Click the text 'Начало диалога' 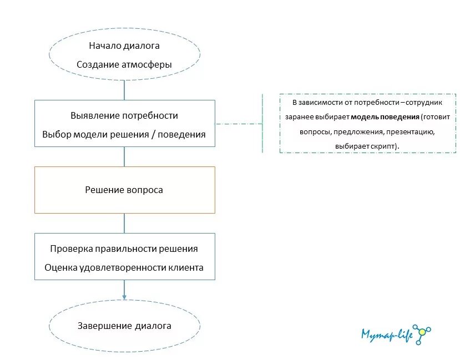tap(124, 45)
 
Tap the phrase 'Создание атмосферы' tap(124, 64)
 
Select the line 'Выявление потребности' tap(124, 116)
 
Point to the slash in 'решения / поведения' tap(152, 134)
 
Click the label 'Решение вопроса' tap(124, 190)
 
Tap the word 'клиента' tap(186, 267)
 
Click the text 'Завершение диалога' tap(124, 326)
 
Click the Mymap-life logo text tap(387, 334)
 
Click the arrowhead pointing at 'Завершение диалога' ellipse tap(124, 297)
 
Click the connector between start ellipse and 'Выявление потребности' tap(124, 90)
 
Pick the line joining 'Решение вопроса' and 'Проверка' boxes tap(124, 223)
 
